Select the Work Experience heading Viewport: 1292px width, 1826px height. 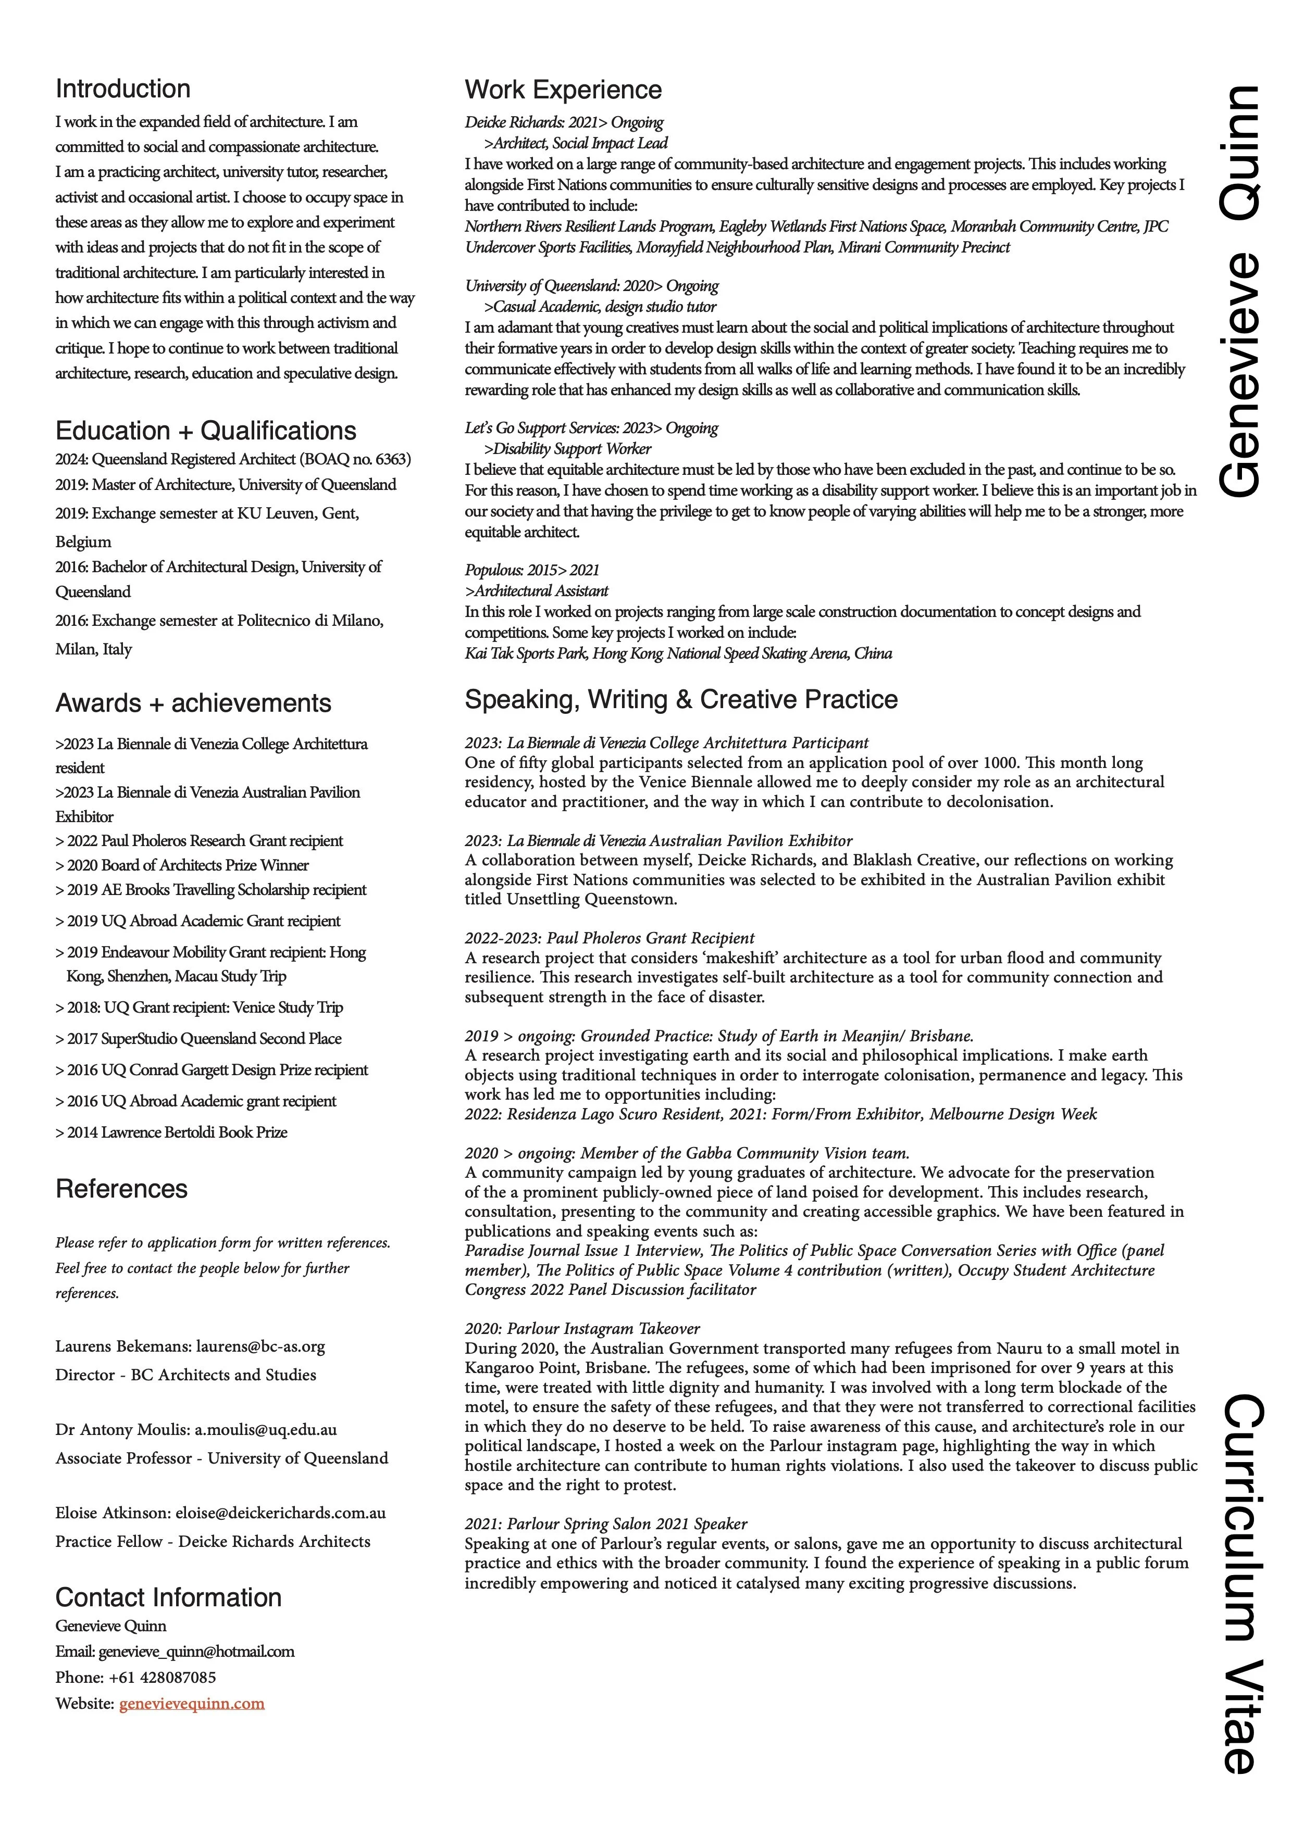coord(563,90)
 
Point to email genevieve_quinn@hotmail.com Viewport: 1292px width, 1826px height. coord(196,1651)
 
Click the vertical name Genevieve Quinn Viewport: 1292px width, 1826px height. coord(1239,291)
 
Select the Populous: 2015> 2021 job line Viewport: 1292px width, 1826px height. coord(531,570)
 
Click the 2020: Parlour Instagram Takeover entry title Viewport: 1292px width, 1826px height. coord(582,1328)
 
